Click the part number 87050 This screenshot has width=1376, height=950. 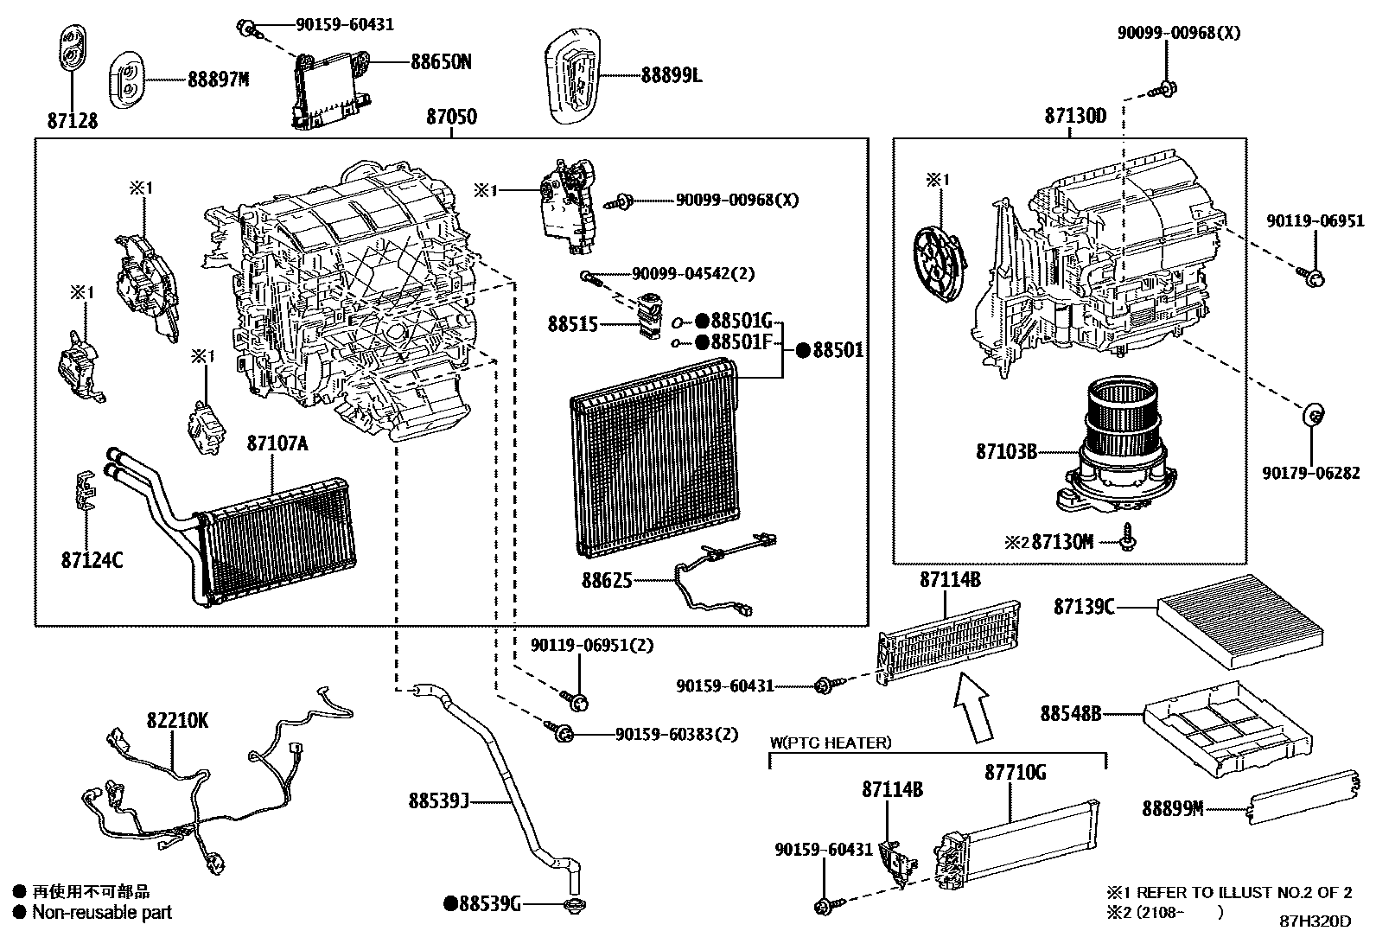tap(451, 117)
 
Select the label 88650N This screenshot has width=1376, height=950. tap(441, 62)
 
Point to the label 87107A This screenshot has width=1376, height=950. tap(277, 443)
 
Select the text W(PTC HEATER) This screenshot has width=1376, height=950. tap(831, 743)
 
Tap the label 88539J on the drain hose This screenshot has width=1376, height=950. tap(438, 801)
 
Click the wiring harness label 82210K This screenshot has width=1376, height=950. tap(177, 719)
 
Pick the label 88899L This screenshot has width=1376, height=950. tap(672, 75)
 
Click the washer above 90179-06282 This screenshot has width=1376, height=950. tap(1312, 416)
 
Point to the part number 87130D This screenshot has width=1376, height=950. tap(1074, 117)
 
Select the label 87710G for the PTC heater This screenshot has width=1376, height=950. tap(1015, 772)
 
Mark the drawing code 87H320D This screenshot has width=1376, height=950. tap(1315, 921)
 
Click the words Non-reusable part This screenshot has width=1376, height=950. tap(102, 912)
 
